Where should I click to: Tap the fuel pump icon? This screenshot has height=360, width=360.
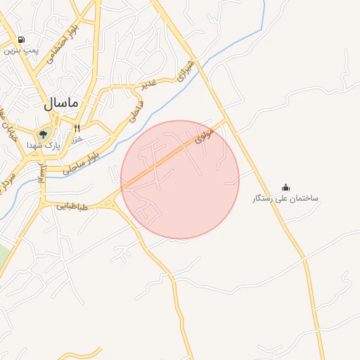tap(22, 40)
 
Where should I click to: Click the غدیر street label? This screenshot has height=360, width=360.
tap(146, 84)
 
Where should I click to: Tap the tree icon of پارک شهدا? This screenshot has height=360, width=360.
tap(44, 134)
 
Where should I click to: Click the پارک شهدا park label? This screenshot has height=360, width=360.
tap(44, 145)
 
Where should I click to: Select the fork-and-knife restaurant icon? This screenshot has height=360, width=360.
tap(77, 128)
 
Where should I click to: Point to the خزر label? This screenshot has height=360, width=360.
tap(77, 139)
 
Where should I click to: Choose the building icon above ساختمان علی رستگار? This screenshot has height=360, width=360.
tap(285, 187)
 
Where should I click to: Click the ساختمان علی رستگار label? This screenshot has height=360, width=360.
tap(285, 198)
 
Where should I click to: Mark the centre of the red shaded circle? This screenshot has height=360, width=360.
tap(180, 179)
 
